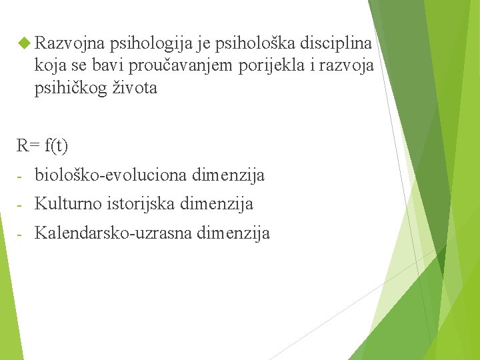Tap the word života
137,87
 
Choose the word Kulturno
68,204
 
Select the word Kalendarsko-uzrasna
114,233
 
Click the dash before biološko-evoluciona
21,177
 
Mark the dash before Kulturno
21,205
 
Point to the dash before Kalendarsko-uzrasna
21,234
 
